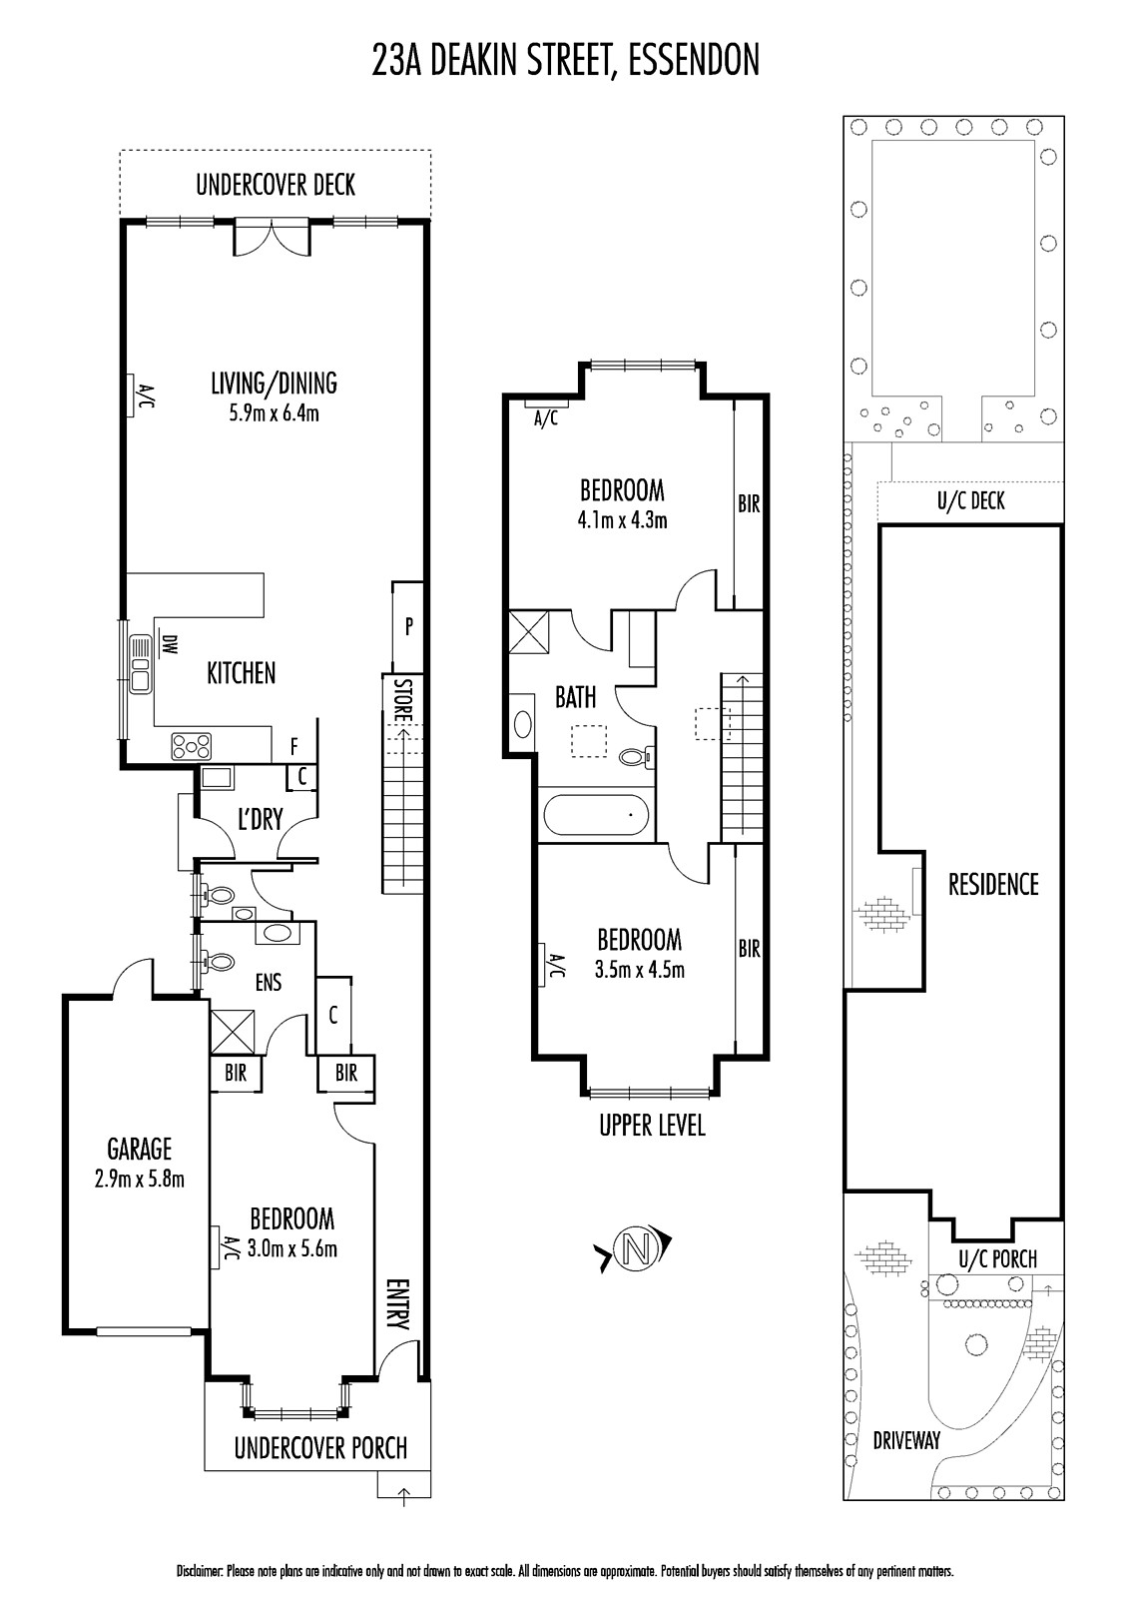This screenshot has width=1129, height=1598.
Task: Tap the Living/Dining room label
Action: [274, 384]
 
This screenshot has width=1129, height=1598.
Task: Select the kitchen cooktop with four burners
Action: [191, 747]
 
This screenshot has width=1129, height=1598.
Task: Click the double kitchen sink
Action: [139, 663]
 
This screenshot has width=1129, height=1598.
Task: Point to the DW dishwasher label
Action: [169, 645]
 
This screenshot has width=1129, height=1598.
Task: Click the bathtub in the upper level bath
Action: [596, 815]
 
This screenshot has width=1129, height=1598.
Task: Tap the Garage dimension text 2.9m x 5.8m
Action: [140, 1180]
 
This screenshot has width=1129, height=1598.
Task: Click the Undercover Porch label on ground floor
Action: [321, 1448]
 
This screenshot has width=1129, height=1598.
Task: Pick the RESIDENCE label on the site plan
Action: [993, 885]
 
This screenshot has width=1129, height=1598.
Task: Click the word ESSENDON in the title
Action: [693, 60]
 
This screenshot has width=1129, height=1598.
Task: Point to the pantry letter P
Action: [408, 626]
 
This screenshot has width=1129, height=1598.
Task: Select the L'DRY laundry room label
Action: [261, 819]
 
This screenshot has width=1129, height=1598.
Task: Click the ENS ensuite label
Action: [269, 983]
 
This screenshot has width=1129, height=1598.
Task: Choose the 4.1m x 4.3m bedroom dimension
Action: [623, 520]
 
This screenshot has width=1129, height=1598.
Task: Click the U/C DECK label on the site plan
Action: [970, 500]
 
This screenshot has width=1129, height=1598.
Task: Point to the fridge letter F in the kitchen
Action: [293, 747]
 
